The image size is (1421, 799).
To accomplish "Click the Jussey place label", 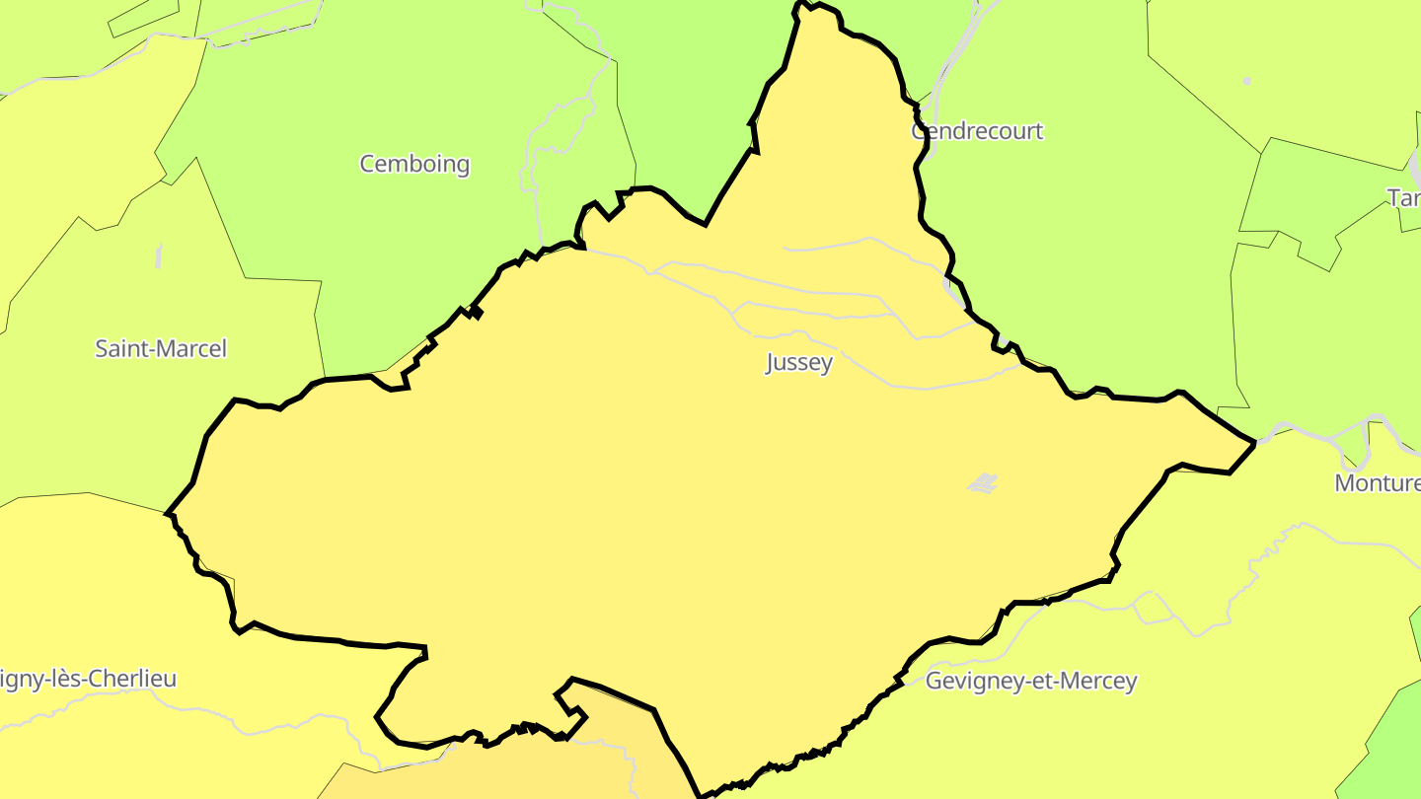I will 799,362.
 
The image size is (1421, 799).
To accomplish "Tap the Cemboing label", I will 414,164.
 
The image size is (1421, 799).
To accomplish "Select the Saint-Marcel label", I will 161,348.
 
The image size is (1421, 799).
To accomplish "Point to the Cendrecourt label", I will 977,131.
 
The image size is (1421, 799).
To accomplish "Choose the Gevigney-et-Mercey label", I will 1031,681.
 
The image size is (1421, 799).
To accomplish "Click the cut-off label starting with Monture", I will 1377,483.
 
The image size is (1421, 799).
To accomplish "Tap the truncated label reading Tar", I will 1403,198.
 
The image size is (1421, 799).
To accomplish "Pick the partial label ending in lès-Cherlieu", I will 89,679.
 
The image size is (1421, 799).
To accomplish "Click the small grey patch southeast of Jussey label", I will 983,482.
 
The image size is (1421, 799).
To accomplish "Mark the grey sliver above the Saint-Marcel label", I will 159,255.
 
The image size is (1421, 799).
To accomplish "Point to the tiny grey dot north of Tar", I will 1247,80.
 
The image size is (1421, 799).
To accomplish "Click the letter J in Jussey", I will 771,363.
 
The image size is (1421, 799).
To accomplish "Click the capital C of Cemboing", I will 368,164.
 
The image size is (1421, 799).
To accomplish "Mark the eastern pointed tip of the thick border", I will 1253,444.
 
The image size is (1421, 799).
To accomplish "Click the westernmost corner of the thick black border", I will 169,514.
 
